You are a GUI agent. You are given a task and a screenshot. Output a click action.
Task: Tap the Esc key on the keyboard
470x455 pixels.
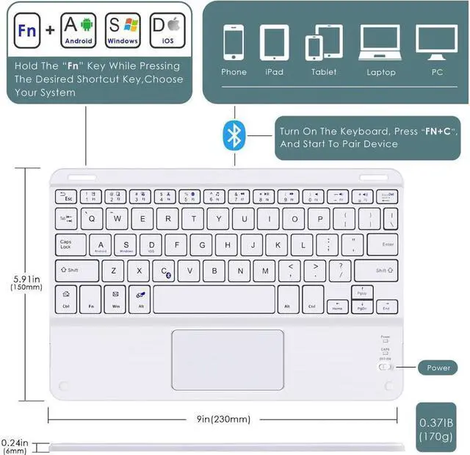(68, 196)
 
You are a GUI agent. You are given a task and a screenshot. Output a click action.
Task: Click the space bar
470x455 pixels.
(214, 299)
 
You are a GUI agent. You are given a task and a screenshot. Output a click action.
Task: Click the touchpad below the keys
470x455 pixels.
(228, 359)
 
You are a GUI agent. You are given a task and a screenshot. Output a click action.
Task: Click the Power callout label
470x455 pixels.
(439, 367)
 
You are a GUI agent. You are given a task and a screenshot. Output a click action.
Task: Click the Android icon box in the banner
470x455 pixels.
(79, 31)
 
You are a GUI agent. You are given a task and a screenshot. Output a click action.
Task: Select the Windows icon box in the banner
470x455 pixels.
(123, 31)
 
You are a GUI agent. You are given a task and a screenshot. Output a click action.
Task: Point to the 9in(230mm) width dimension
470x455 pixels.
(223, 419)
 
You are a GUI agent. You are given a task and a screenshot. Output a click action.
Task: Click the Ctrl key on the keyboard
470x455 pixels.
(66, 299)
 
